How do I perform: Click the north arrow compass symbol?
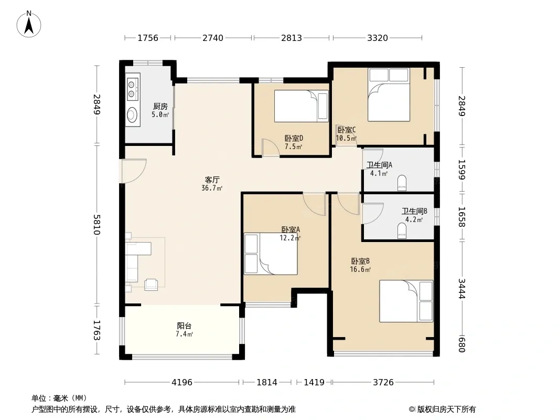point(29,24)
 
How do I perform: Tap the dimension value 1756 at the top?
point(148,38)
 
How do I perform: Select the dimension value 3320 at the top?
point(378,38)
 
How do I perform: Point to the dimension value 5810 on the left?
point(96,225)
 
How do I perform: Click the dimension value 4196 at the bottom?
point(182,383)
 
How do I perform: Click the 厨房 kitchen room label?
point(160,107)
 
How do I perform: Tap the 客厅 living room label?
point(212,180)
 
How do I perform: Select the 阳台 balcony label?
point(184,326)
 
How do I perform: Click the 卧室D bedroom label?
point(294,138)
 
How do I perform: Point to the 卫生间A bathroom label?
point(379,165)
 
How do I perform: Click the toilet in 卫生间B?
point(402,231)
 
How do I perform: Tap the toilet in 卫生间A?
point(402,182)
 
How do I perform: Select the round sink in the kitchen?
point(133,114)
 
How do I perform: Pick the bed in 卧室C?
point(389,94)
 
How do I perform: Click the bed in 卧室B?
point(406,301)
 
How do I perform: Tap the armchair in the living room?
point(151,285)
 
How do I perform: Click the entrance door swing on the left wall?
point(134,171)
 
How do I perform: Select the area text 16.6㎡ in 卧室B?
point(360,269)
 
